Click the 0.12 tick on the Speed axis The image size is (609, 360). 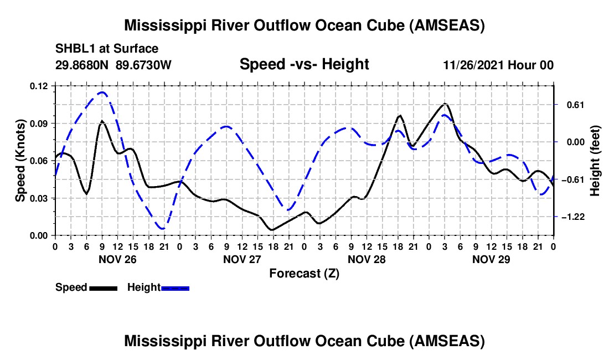[39, 86]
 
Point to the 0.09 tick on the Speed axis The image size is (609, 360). [39, 124]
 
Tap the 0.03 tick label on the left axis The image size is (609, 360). [39, 198]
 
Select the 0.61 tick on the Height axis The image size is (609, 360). [576, 105]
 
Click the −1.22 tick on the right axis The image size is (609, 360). [573, 217]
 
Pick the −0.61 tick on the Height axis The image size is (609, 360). [573, 180]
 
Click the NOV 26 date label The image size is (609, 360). [118, 260]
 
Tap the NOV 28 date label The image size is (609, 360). [367, 260]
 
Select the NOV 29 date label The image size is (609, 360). [491, 260]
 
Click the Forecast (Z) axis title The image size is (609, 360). [304, 274]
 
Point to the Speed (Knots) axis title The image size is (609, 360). [20, 161]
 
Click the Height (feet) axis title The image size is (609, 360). [595, 161]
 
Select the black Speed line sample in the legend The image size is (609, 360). [104, 289]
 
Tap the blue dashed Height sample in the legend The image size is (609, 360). [175, 289]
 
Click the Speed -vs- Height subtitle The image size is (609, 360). [304, 64]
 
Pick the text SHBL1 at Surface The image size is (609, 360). [107, 49]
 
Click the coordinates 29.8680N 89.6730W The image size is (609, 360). [113, 65]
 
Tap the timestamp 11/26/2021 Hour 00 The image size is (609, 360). [498, 65]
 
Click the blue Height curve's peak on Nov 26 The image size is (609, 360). [102, 92]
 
